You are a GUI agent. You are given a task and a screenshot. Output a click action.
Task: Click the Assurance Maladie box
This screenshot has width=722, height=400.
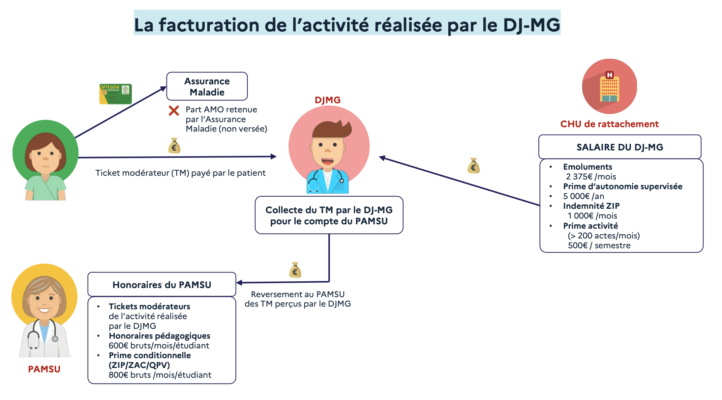[207, 86]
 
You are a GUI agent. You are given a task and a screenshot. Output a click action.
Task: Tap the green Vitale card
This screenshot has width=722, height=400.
[115, 94]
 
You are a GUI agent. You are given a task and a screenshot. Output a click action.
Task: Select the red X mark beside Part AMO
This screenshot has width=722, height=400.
[174, 111]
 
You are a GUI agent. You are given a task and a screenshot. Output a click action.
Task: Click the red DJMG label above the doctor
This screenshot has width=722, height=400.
[327, 100]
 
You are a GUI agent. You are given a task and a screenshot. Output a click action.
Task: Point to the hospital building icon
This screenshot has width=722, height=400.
[609, 87]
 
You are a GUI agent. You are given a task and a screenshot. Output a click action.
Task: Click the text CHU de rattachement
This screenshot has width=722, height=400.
[609, 124]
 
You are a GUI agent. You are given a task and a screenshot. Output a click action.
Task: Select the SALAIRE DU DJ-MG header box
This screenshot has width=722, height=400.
[620, 147]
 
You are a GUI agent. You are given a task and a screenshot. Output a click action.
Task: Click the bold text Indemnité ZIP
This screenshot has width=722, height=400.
[591, 206]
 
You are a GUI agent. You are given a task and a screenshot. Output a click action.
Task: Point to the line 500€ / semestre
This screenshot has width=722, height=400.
[599, 246]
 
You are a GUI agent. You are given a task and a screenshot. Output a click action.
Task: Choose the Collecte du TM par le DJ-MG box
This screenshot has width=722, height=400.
[329, 215]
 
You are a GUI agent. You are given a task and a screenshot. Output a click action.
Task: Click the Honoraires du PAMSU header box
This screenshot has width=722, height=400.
[162, 285]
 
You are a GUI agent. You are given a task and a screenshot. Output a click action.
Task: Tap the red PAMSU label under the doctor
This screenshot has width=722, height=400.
[44, 369]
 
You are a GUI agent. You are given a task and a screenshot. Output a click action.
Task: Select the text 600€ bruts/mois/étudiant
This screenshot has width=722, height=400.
[159, 346]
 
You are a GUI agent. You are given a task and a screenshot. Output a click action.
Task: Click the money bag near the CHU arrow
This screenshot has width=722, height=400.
[474, 166]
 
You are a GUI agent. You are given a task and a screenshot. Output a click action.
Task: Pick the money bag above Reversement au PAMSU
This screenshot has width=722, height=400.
[295, 270]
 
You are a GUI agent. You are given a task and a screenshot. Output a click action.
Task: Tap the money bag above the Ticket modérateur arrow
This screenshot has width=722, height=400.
[174, 146]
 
